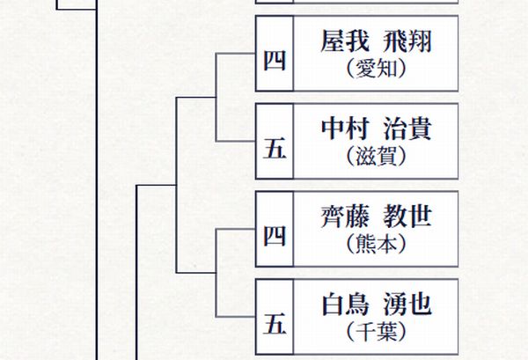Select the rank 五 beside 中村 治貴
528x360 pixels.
click(x=275, y=148)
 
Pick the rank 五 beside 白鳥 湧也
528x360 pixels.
click(x=275, y=324)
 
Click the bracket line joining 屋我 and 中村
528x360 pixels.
click(x=216, y=97)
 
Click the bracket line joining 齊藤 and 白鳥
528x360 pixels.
click(x=216, y=273)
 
